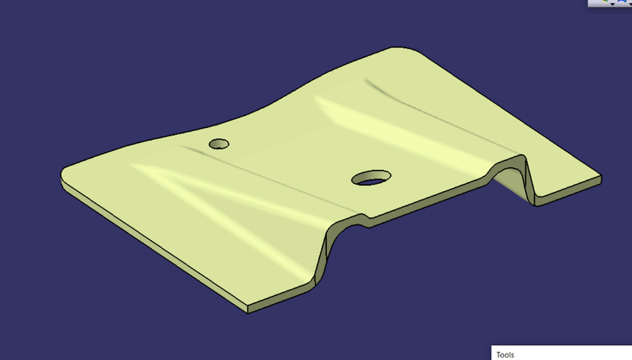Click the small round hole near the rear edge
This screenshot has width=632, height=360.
(219, 144)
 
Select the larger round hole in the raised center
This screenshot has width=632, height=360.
(370, 178)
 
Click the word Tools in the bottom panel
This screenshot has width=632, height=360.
(505, 354)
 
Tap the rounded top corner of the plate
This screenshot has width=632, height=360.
(399, 51)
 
